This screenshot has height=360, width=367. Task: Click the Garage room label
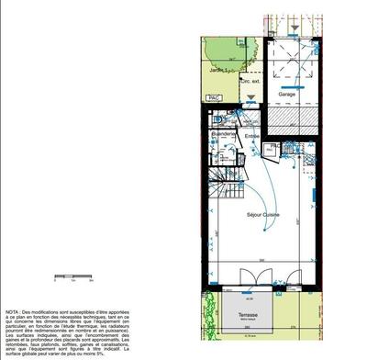point(287,94)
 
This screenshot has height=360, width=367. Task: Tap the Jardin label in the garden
point(217,68)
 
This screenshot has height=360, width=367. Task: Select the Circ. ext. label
point(248,81)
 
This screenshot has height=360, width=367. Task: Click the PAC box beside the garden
point(215,97)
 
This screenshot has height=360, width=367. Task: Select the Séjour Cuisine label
point(263,214)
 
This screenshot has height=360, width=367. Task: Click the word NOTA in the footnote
point(15,312)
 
